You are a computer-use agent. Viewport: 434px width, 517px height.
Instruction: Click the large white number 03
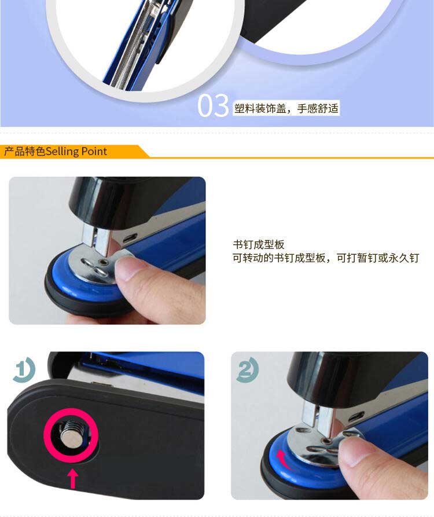[213, 105]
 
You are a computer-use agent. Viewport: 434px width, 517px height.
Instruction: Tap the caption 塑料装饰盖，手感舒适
[286, 108]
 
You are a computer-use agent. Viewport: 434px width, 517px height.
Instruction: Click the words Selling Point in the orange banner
[76, 151]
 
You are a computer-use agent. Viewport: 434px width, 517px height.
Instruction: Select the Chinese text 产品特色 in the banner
[25, 151]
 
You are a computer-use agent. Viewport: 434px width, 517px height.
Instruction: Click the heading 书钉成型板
[258, 244]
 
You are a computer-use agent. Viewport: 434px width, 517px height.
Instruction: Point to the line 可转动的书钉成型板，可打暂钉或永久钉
[326, 258]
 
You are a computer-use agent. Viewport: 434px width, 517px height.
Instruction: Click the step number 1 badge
[24, 369]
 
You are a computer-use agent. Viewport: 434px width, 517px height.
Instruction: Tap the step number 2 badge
[247, 369]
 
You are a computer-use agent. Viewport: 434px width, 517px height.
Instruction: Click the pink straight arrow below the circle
[73, 479]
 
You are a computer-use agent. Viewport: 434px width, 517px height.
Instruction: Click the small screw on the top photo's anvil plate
[105, 262]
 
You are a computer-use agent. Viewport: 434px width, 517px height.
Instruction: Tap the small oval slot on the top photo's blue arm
[130, 238]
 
